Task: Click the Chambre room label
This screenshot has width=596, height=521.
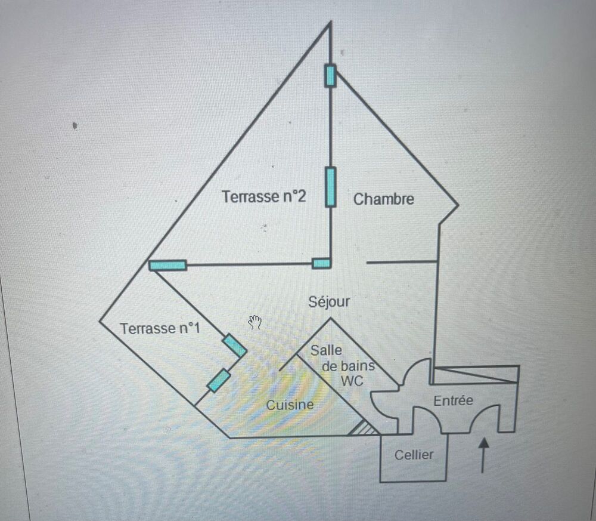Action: (x=383, y=199)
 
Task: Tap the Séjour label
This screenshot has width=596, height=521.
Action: (x=329, y=301)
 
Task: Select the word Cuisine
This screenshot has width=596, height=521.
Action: (x=290, y=405)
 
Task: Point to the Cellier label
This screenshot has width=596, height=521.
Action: (x=414, y=455)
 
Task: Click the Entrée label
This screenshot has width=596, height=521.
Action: (x=454, y=400)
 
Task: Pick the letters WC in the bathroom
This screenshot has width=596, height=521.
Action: (x=352, y=381)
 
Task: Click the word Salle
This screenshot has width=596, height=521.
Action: (x=326, y=350)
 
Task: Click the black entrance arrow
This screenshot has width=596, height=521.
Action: (x=483, y=455)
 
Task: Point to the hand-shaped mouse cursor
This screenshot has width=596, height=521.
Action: (x=255, y=322)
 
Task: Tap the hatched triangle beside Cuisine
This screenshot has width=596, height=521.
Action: (x=364, y=428)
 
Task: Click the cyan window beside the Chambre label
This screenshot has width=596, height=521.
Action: (x=331, y=187)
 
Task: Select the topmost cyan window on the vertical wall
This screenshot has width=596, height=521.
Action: (x=330, y=76)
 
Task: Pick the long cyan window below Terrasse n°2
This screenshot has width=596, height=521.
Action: (x=167, y=265)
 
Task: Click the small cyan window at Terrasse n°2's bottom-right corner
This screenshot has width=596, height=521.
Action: (x=321, y=263)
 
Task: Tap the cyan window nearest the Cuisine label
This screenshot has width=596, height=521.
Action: (x=219, y=381)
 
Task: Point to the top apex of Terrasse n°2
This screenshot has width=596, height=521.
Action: (x=330, y=22)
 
